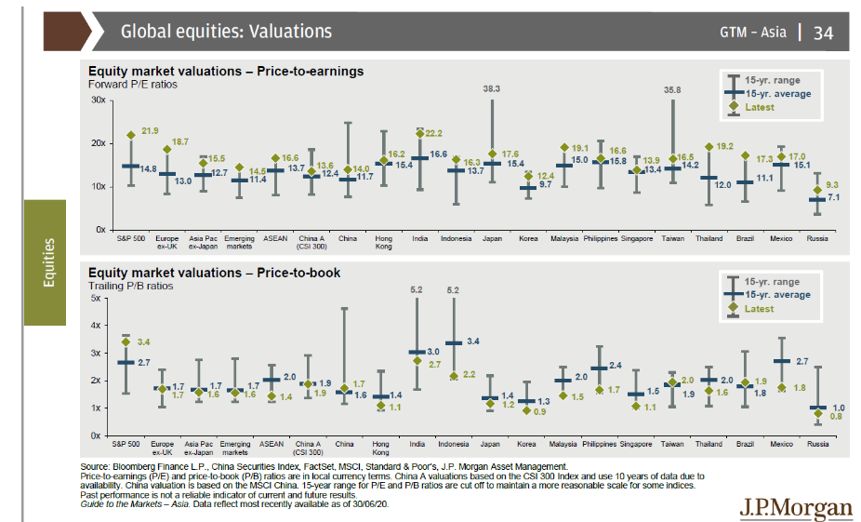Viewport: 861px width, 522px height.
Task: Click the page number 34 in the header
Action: (x=824, y=33)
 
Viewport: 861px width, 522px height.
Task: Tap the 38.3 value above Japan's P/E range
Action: (x=492, y=88)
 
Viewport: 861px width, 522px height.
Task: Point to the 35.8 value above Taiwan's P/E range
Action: (x=672, y=89)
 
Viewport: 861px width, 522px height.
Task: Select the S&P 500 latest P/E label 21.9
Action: (x=150, y=130)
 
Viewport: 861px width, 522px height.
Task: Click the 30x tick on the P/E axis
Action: (x=98, y=100)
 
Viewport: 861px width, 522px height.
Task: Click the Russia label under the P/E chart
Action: (x=817, y=239)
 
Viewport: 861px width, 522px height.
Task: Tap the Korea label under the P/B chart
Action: (x=527, y=445)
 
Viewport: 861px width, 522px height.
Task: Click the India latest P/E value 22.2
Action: (x=433, y=134)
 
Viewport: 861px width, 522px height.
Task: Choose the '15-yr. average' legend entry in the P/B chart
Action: (x=777, y=295)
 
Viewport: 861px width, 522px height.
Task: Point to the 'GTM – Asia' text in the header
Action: (x=751, y=33)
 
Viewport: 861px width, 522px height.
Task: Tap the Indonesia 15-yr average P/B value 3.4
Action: (x=472, y=342)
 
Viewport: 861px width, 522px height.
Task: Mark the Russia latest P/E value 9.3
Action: (x=831, y=185)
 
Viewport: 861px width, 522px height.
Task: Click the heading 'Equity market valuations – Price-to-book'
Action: (x=214, y=273)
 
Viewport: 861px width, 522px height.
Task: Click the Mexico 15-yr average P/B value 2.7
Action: (x=802, y=360)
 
